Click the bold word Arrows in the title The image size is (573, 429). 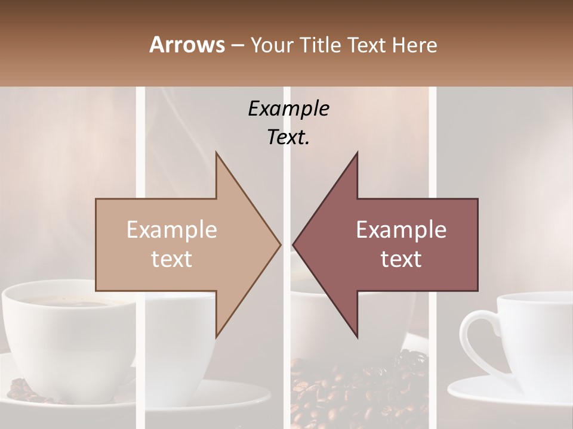187,45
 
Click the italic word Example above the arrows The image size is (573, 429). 288,108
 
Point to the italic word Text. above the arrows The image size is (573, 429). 288,138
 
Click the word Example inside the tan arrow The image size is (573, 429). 172,229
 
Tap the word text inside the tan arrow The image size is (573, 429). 172,259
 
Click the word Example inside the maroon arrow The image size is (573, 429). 401,229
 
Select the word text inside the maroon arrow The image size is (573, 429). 401,259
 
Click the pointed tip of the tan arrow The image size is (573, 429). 280,244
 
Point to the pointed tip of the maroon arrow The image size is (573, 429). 293,244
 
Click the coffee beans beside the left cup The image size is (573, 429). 24,390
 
